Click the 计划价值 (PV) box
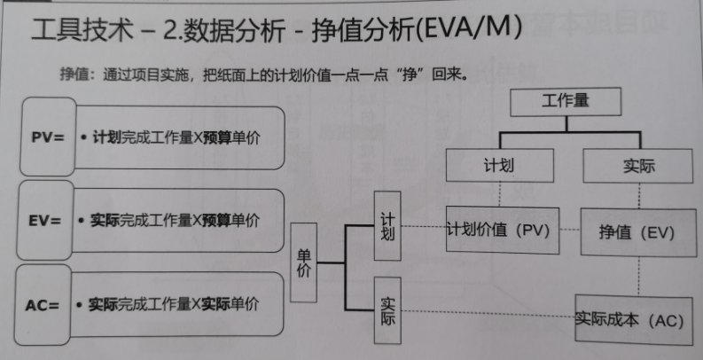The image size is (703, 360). (x=499, y=230)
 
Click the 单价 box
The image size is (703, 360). (x=303, y=262)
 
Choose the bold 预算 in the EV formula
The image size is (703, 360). (x=216, y=218)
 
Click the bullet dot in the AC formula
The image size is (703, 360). (x=82, y=304)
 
